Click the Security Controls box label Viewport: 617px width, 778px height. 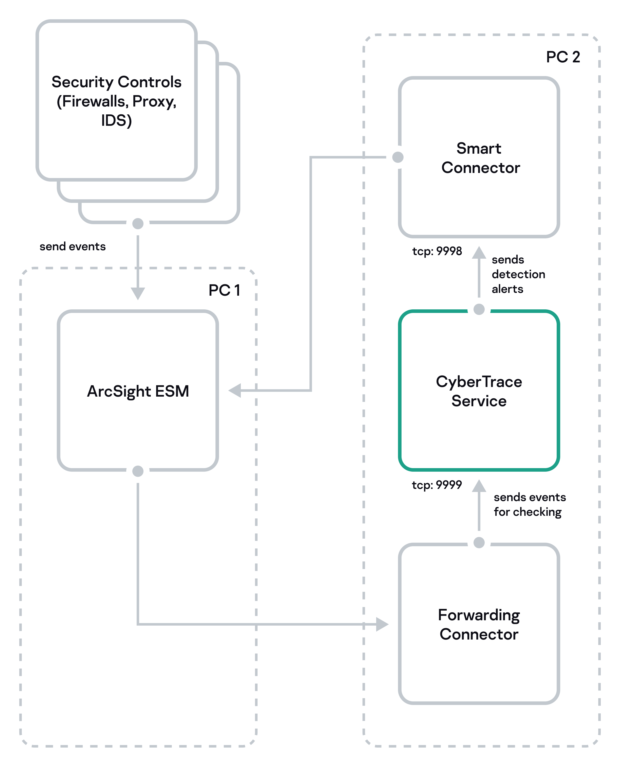(116, 101)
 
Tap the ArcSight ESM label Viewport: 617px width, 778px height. (138, 391)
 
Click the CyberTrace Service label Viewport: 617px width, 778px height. (479, 391)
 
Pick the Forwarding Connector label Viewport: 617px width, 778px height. (479, 625)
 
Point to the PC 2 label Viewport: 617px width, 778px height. (562, 57)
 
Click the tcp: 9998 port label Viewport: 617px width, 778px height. (437, 251)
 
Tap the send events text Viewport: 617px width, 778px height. (72, 246)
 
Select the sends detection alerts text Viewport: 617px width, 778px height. (518, 274)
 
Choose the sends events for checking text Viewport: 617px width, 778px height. (529, 504)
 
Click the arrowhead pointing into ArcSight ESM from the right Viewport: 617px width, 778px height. (235, 391)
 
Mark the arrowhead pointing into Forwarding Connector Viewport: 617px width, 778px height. (382, 624)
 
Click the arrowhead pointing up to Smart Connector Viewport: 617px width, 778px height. (479, 253)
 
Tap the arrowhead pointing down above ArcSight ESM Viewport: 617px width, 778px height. (138, 293)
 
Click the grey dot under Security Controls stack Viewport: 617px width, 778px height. (138, 224)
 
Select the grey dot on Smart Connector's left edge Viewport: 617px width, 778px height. (398, 157)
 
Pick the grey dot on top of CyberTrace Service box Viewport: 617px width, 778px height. (479, 309)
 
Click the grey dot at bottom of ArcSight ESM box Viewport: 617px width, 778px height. (138, 471)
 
